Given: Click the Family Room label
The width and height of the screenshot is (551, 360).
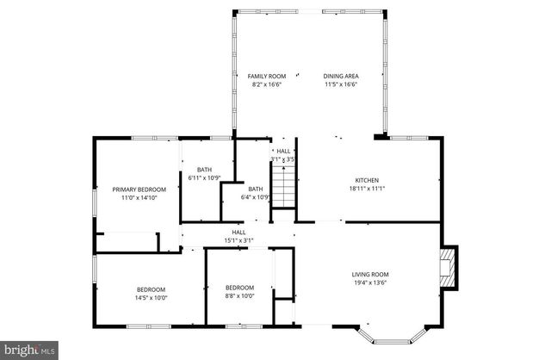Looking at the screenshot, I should click(x=266, y=76).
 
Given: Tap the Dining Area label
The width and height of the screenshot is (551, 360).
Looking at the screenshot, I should click(x=341, y=76).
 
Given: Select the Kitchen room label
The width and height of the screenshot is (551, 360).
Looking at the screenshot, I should click(x=367, y=179).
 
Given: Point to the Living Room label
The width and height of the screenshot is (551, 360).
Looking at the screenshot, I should click(x=370, y=275).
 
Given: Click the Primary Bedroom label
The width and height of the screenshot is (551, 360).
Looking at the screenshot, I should click(x=139, y=189).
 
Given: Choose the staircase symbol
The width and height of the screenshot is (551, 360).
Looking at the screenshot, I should click(x=283, y=186).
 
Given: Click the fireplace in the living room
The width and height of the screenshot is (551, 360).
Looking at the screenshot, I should click(x=447, y=268).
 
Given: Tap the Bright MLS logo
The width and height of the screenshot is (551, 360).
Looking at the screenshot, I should click(x=29, y=350).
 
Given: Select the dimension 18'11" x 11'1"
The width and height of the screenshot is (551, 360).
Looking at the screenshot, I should click(x=367, y=188).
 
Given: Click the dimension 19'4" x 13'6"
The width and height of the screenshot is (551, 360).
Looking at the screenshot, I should click(x=370, y=283).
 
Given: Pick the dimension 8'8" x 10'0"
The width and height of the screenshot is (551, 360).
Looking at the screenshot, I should click(x=239, y=296).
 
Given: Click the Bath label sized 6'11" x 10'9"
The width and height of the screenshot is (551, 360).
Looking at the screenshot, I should click(x=204, y=170).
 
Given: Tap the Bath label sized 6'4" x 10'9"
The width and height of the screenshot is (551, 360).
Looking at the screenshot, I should click(x=256, y=189).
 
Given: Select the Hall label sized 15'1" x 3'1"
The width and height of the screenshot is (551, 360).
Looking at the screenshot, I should click(x=238, y=232).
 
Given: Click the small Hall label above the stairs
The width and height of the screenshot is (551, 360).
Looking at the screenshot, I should click(x=283, y=151).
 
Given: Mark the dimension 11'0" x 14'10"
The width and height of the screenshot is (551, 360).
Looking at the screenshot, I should click(x=139, y=198).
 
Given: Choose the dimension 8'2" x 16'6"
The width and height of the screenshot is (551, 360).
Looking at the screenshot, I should click(x=266, y=84).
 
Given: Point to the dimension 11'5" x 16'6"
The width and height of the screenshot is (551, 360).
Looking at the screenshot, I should click(x=341, y=84).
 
